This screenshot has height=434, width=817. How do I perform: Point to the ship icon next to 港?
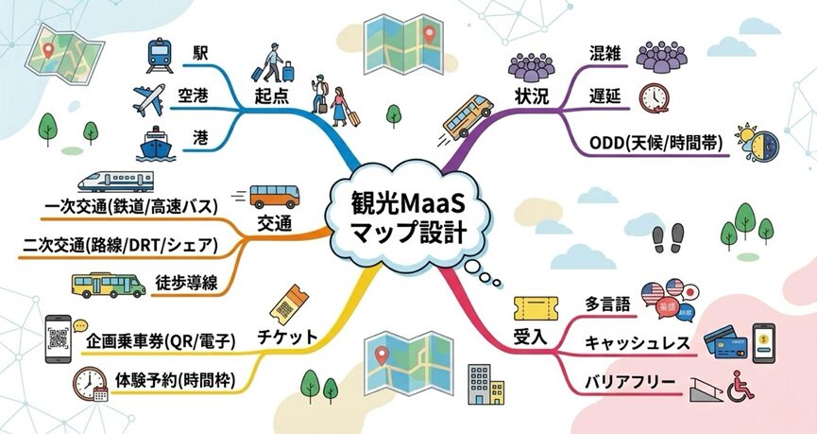pyautogui.click(x=157, y=144)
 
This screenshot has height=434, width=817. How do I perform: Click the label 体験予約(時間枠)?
pyautogui.click(x=174, y=381)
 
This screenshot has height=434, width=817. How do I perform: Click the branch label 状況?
pyautogui.click(x=532, y=96)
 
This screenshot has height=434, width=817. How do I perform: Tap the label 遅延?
pyautogui.click(x=604, y=96)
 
